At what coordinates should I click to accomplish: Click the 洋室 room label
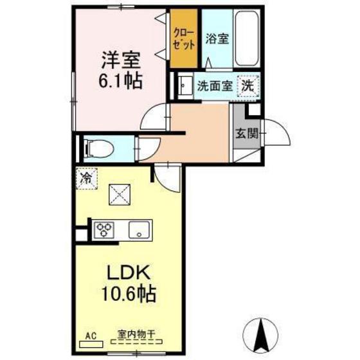120,61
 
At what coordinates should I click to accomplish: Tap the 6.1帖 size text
120,82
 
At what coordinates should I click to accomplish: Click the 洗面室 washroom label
213,85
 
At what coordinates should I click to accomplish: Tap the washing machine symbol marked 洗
248,84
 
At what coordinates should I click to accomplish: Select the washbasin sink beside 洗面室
184,85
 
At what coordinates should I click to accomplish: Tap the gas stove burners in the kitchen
104,229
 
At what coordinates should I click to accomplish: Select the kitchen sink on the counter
139,229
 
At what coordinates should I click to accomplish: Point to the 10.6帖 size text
129,295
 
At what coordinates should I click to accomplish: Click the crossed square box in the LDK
119,193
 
